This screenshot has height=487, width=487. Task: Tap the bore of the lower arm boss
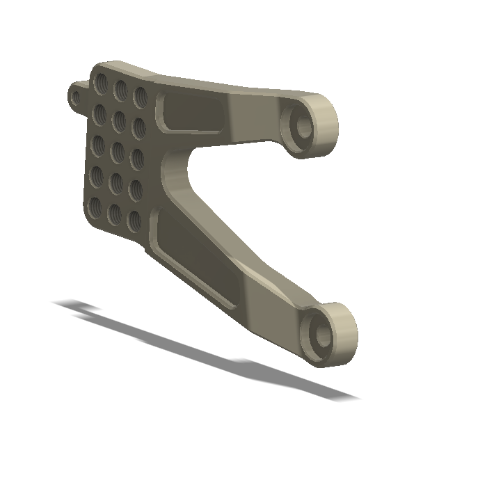tap(322, 335)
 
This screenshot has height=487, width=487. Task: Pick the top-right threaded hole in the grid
tap(140, 96)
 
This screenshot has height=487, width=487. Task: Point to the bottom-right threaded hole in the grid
tap(134, 221)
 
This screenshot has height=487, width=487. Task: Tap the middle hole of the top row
tap(120, 89)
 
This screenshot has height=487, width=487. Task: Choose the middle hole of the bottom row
tap(113, 214)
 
